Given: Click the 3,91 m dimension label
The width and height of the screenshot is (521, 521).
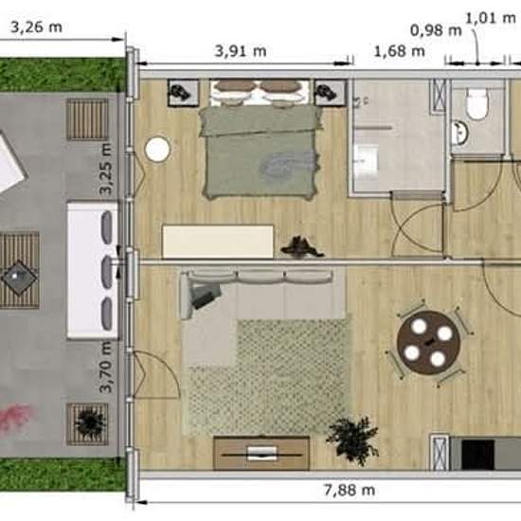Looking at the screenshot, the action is click(x=241, y=51).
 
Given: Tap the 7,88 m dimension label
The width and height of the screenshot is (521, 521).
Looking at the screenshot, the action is click(x=350, y=490).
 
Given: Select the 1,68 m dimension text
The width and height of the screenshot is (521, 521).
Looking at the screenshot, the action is click(x=400, y=51).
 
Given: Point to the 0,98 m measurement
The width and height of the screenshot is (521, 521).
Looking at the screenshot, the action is click(x=436, y=30).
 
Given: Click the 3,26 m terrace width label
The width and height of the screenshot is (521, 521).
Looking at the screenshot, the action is click(x=37, y=27).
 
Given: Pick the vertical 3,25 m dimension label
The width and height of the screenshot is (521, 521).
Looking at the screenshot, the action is click(x=107, y=169).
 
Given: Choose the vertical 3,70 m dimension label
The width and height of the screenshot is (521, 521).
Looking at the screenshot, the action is click(x=107, y=368).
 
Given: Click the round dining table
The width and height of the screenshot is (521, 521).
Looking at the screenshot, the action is click(x=428, y=343).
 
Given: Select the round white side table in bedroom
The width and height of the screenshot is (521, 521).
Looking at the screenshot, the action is click(x=157, y=150).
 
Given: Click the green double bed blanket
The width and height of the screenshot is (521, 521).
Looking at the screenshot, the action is click(x=260, y=152).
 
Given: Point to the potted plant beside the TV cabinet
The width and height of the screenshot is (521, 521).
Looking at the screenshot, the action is click(x=353, y=440).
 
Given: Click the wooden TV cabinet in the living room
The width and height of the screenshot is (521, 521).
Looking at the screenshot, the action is click(x=261, y=453).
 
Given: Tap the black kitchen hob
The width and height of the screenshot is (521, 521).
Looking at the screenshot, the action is click(x=477, y=455).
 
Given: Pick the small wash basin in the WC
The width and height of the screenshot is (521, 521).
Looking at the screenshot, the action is click(x=460, y=133).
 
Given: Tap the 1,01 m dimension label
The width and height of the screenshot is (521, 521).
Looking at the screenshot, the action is click(x=490, y=18).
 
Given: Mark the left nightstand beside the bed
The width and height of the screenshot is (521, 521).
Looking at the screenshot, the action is click(x=183, y=93).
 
